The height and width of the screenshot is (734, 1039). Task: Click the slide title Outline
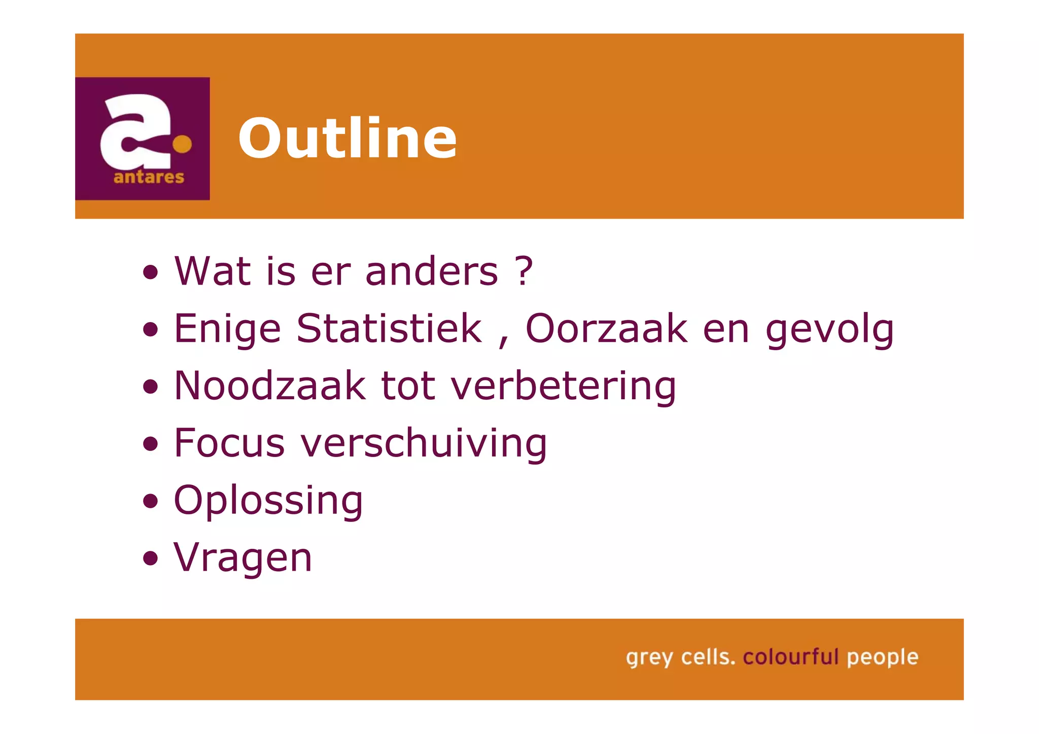(x=348, y=138)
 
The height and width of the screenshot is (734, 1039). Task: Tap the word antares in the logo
(x=149, y=177)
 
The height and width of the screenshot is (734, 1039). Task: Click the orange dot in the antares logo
(x=182, y=144)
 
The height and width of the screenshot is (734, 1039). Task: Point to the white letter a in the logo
(x=134, y=132)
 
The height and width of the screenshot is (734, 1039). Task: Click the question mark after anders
(x=524, y=271)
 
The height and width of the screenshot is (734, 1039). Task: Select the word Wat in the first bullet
(x=213, y=271)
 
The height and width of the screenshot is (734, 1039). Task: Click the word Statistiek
(x=389, y=328)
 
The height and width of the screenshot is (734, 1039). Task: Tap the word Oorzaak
(x=606, y=328)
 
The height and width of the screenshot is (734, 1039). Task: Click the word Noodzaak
(x=269, y=386)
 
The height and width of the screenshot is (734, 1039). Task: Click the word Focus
(x=229, y=443)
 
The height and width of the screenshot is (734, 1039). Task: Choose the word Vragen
(x=243, y=558)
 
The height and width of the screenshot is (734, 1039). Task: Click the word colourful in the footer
(x=790, y=657)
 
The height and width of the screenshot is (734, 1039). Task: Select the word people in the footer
(x=883, y=658)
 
